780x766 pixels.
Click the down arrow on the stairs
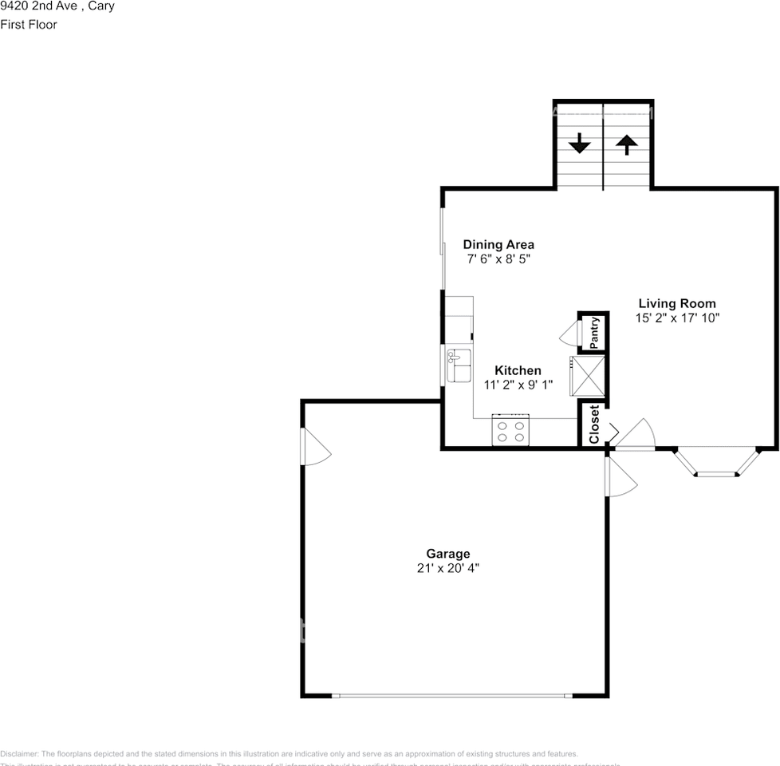click(x=579, y=144)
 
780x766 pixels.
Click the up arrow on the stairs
click(x=627, y=144)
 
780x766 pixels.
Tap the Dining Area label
click(x=498, y=245)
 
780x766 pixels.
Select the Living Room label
click(x=677, y=303)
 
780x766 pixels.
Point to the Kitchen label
click(x=518, y=370)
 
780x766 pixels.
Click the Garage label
click(x=447, y=554)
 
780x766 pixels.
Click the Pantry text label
click(x=594, y=333)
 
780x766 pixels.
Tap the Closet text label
click(x=594, y=424)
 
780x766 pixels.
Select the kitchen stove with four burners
click(x=511, y=431)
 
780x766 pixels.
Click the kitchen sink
click(x=459, y=365)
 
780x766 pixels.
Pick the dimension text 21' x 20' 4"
click(x=447, y=569)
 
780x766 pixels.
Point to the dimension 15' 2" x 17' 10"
click(x=677, y=318)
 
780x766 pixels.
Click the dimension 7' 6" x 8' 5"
click(x=498, y=259)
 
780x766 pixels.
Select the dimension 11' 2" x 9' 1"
click(x=518, y=385)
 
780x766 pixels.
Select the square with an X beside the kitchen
click(x=588, y=375)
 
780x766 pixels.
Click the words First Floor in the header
click(x=29, y=25)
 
